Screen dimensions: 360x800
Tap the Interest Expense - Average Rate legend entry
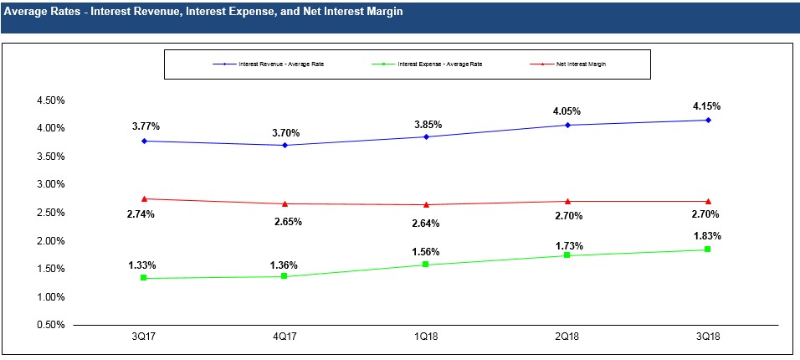(x=439, y=64)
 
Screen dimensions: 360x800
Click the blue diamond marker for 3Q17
(x=145, y=141)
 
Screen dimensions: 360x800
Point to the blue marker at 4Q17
(x=286, y=145)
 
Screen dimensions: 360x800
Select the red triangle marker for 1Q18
(x=427, y=204)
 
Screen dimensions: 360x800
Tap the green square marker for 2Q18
(x=568, y=255)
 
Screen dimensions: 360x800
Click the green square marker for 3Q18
(x=708, y=249)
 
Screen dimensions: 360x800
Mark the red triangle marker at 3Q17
(x=145, y=198)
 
